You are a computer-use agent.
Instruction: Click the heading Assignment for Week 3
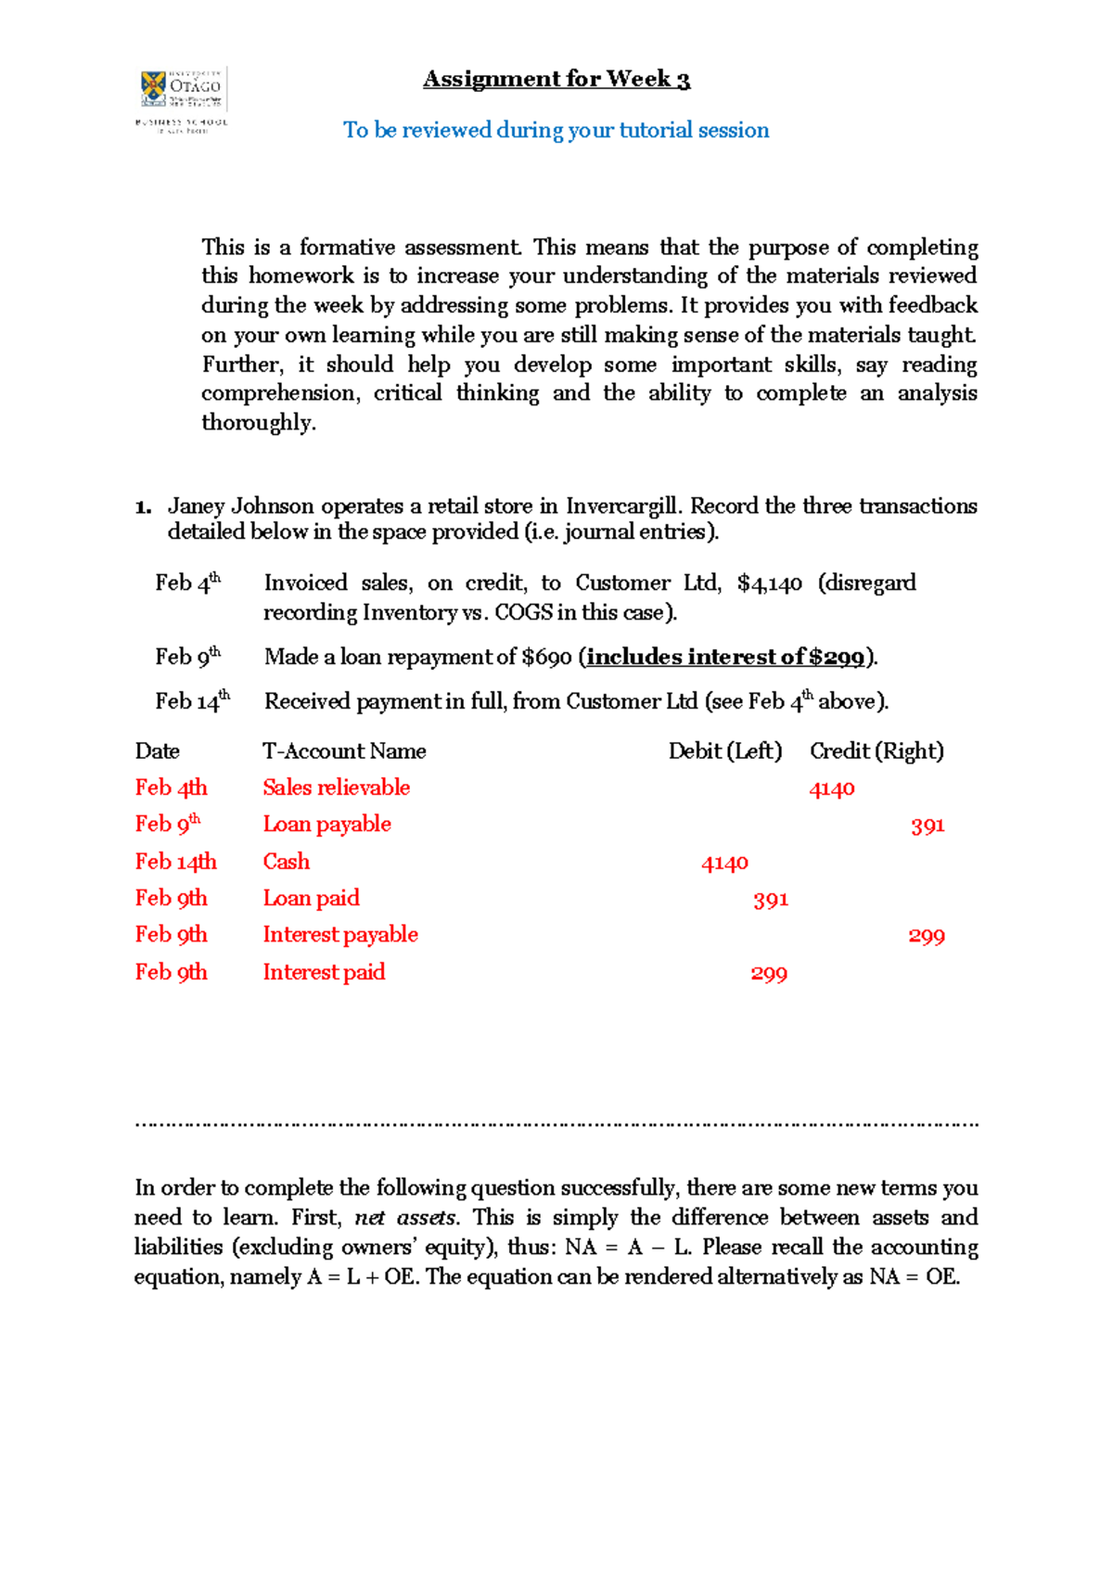click(x=556, y=80)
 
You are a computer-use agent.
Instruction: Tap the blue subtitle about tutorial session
click(x=556, y=130)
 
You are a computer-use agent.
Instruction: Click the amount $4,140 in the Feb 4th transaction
click(x=769, y=583)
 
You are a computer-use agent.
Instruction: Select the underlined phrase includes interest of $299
click(x=725, y=658)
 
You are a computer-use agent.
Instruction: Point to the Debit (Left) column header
click(x=725, y=751)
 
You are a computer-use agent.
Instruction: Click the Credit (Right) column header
click(x=876, y=751)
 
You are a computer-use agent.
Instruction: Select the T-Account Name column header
click(x=344, y=751)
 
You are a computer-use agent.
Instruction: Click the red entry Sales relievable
click(x=336, y=787)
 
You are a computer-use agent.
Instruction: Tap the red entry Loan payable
click(x=326, y=825)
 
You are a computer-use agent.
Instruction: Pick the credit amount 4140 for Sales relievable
click(x=832, y=789)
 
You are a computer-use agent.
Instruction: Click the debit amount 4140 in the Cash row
click(x=724, y=864)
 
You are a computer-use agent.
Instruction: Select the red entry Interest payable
click(x=340, y=935)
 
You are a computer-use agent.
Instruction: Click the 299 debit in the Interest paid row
click(x=769, y=974)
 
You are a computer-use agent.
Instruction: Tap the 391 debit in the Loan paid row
click(x=771, y=900)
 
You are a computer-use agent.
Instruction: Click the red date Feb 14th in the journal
click(x=175, y=862)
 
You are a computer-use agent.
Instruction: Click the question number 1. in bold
click(x=143, y=507)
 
